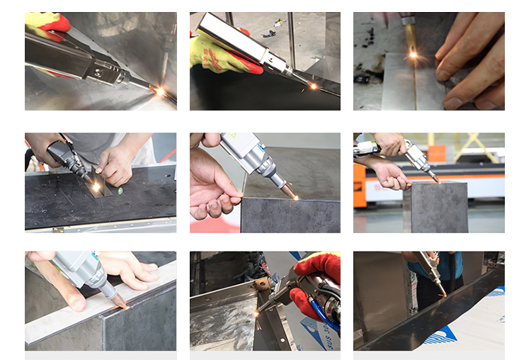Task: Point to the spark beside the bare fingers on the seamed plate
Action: pyautogui.click(x=413, y=54)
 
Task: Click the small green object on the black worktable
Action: pyautogui.click(x=120, y=190)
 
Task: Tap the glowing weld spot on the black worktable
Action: pyautogui.click(x=96, y=186)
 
